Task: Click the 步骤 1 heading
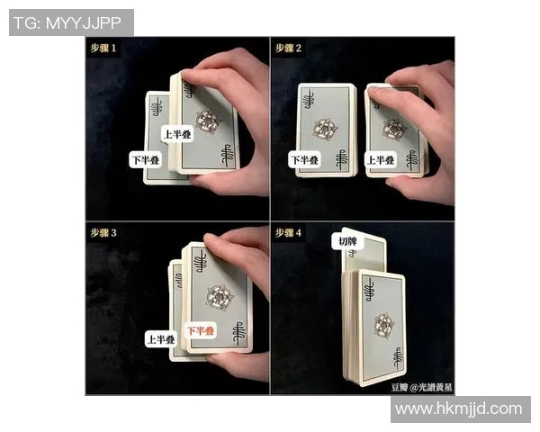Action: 103,48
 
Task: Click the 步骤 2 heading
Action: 288,48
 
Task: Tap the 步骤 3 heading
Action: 103,233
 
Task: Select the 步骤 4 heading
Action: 288,233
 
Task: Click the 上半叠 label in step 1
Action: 177,134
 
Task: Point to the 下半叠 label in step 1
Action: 146,160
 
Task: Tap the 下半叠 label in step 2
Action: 304,160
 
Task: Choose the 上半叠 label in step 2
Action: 381,160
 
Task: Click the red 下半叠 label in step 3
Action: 201,330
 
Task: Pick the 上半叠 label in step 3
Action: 161,339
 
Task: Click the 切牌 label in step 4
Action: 347,241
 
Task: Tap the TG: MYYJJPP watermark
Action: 71,22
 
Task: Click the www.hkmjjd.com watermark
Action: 461,409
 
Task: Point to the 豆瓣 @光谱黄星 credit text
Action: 421,388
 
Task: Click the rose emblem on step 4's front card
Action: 383,325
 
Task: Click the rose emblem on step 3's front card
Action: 220,298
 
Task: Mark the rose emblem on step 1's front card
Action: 209,121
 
